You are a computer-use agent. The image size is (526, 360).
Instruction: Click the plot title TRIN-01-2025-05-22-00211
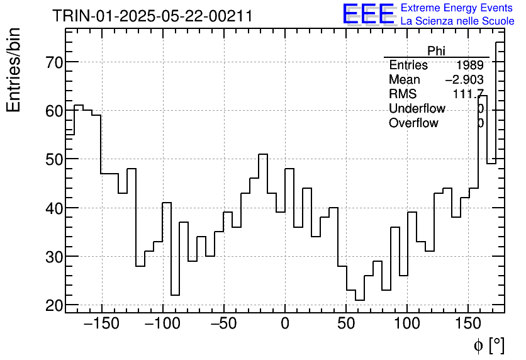coord(152,16)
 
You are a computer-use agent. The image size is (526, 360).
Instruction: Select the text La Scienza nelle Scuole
coord(457,21)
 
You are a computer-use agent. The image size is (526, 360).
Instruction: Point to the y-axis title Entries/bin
coord(14,70)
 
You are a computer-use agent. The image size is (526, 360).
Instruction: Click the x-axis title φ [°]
coord(489,345)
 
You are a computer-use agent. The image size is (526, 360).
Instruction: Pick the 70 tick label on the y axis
coord(53,62)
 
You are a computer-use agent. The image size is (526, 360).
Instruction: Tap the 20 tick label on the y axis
coord(53,305)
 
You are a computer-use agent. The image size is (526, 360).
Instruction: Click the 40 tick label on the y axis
coord(53,208)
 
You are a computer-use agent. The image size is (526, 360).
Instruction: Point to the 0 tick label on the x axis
coord(285,323)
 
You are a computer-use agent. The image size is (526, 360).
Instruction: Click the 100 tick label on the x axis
coord(407,323)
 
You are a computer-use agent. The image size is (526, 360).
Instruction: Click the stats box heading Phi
coord(436,51)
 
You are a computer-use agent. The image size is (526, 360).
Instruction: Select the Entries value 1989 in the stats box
coord(470,65)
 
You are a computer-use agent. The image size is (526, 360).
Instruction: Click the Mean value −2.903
coord(464,80)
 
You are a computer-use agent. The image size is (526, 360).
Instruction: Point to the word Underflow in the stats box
coord(417,109)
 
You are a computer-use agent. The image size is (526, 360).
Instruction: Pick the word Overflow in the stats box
coord(413,123)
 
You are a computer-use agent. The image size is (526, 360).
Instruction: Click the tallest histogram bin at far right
coord(500,42)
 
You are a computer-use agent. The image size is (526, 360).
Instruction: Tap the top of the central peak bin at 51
coord(263,154)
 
